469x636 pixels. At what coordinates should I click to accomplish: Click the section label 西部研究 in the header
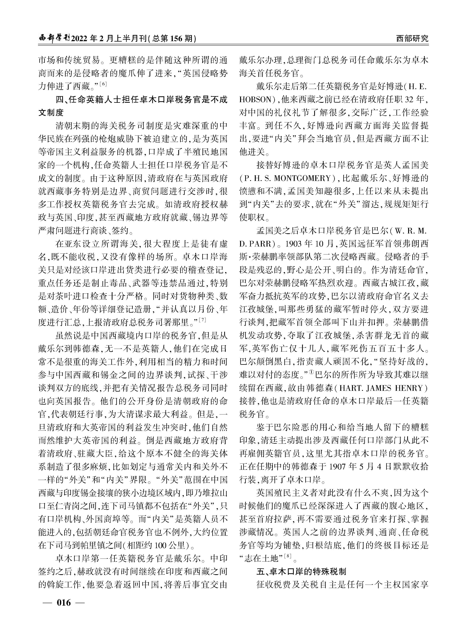pos(412,39)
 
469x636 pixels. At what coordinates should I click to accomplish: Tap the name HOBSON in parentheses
pos(256,100)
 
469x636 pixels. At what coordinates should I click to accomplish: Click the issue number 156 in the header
pos(178,39)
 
